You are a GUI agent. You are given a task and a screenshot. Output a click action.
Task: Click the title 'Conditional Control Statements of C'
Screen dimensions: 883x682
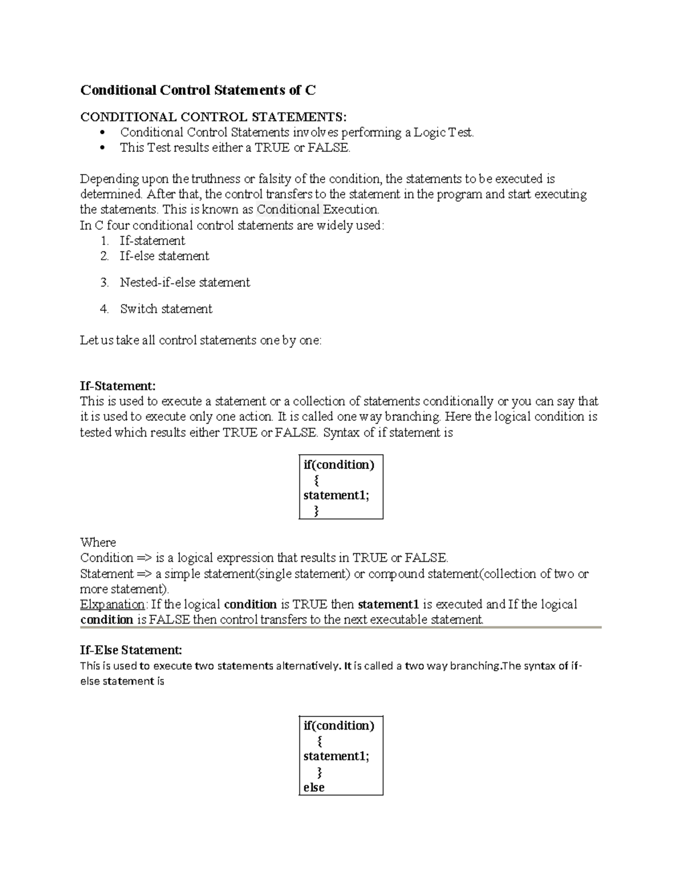198,90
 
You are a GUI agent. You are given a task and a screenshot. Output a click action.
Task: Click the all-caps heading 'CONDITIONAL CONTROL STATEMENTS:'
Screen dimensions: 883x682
213,117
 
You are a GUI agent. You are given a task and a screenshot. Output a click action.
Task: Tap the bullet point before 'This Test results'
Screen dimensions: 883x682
103,148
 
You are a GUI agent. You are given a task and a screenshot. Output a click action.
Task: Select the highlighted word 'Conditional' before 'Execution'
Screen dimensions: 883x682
289,209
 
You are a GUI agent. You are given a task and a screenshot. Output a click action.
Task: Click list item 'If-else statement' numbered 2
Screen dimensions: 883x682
164,256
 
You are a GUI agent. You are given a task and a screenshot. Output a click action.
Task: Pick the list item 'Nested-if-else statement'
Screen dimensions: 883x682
185,283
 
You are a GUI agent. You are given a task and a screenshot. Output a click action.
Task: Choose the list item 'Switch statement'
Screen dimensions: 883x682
166,309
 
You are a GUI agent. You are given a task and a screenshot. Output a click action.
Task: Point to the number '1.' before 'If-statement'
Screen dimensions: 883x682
104,241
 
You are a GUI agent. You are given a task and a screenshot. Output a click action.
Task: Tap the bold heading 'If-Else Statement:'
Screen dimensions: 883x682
131,650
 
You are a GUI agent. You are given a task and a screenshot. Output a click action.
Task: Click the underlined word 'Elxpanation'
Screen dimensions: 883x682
113,604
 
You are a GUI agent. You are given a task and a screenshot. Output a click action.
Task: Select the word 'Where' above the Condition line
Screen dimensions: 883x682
98,542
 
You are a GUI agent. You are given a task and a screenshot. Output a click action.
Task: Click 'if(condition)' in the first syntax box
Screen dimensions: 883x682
339,465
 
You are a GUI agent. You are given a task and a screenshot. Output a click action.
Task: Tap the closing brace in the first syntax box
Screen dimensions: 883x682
317,511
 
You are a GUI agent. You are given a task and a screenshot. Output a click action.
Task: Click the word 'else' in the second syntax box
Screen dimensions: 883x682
314,787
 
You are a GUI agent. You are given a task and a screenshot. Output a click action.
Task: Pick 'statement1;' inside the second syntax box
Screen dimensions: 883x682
336,756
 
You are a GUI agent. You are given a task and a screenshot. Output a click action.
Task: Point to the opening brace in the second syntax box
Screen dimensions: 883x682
320,741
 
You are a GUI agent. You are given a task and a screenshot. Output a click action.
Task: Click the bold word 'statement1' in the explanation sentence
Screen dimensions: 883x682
388,604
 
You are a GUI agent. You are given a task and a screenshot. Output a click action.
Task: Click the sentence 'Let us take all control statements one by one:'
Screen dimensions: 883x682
201,340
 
